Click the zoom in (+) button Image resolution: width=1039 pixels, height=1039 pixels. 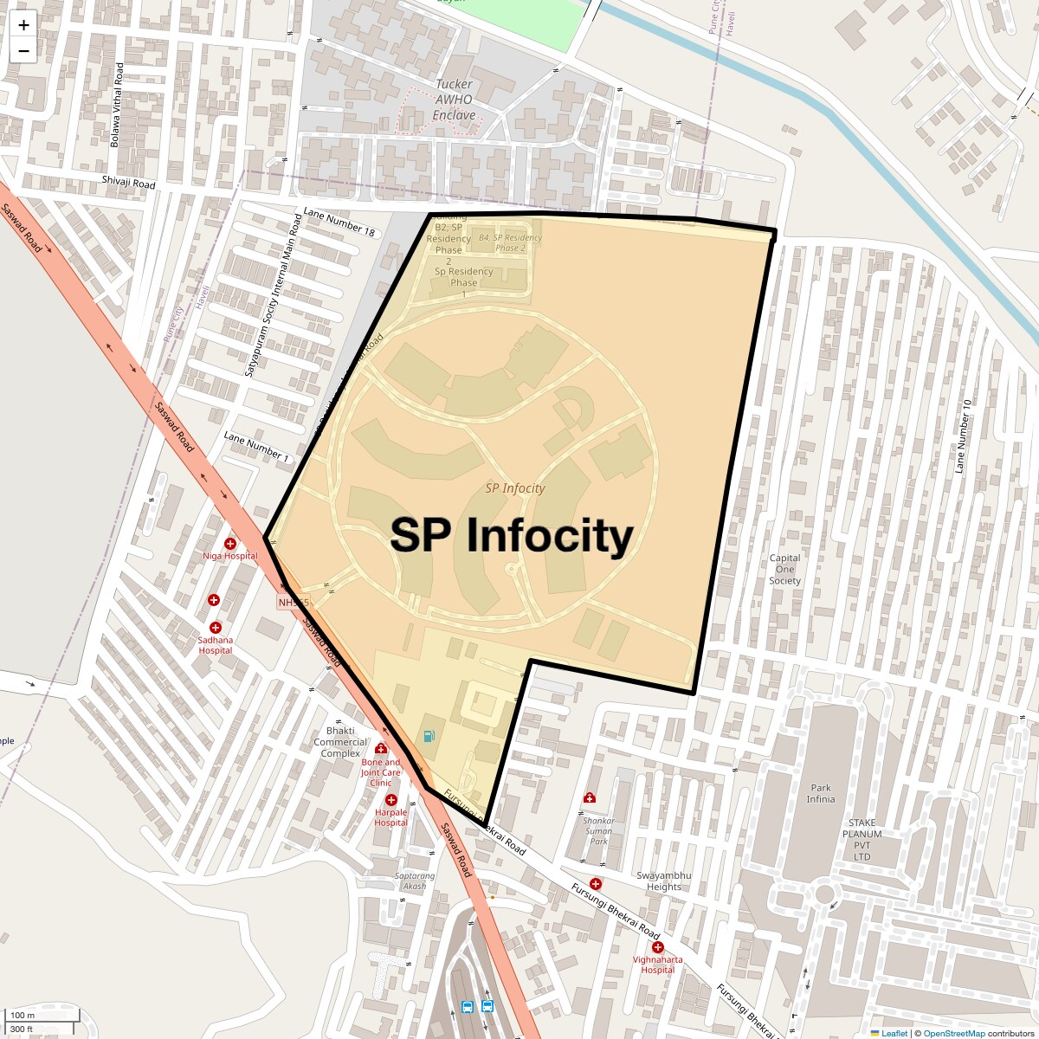[23, 25]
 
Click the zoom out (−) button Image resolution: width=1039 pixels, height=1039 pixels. [23, 50]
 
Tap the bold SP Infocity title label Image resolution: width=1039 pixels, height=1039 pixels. [511, 535]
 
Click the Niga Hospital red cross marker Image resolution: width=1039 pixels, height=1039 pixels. [230, 544]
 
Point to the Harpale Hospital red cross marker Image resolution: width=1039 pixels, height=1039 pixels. [391, 801]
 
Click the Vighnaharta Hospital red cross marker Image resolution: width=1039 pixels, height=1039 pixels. [658, 948]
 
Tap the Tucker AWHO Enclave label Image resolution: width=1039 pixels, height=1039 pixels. [454, 100]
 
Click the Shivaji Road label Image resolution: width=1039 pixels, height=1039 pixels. [128, 183]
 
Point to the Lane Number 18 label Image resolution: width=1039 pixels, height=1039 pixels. [339, 223]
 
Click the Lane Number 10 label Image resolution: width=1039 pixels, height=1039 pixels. [962, 430]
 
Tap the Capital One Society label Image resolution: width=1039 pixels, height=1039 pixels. [784, 569]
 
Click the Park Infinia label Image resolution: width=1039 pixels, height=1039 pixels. [821, 793]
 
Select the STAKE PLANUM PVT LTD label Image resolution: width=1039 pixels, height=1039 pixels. [862, 840]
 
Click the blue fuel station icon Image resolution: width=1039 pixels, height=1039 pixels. [429, 736]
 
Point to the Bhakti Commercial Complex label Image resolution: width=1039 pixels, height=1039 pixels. [340, 742]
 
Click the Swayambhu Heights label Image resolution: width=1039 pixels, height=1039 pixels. [664, 881]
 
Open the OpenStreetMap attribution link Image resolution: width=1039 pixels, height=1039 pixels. [953, 1033]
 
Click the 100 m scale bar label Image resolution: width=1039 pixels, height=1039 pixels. [23, 1015]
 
